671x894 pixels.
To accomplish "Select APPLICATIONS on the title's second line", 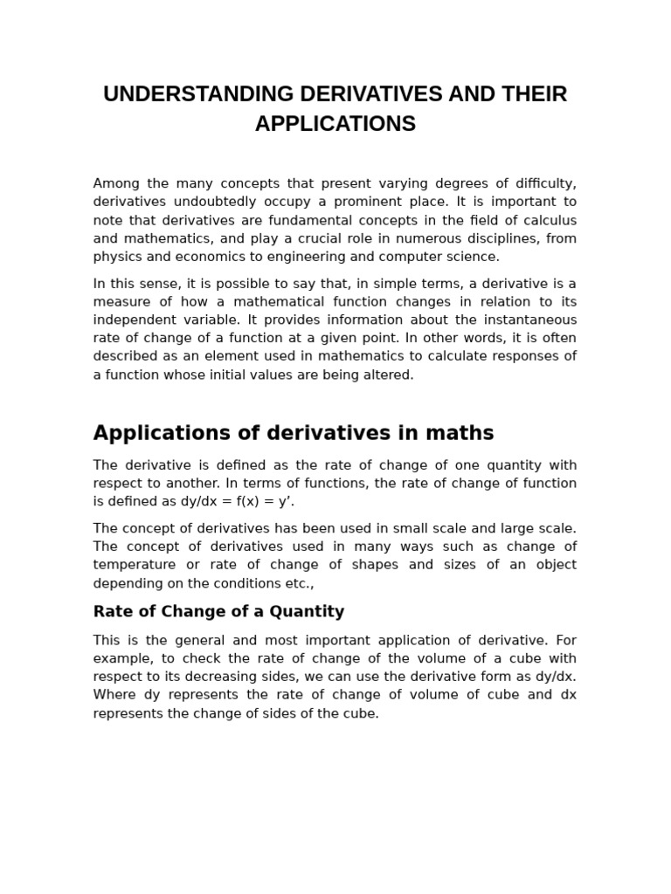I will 335,124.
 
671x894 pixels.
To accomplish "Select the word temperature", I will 136,565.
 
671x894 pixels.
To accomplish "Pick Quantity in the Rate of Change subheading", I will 308,612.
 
